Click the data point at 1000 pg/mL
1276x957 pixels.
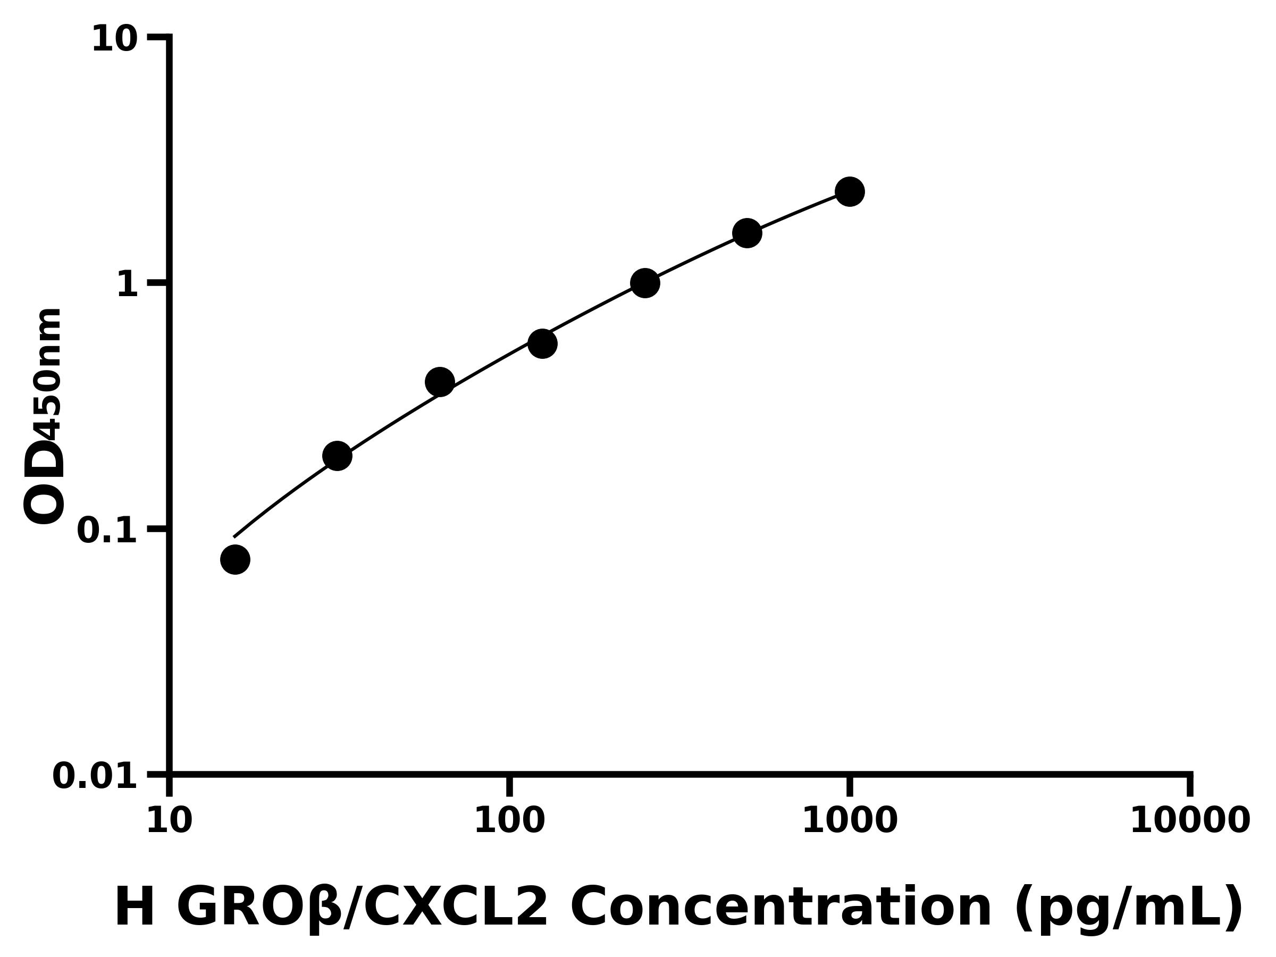point(849,191)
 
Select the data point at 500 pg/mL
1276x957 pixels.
point(747,233)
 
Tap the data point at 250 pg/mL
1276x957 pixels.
point(645,283)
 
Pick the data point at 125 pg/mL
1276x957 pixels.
point(542,344)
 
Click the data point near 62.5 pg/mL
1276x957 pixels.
point(440,382)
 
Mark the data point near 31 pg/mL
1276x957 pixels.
point(337,456)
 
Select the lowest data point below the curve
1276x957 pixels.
point(235,559)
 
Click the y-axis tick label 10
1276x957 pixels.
point(115,39)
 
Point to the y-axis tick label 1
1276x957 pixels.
point(128,284)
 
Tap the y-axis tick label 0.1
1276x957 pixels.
point(107,530)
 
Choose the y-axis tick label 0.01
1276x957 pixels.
point(95,776)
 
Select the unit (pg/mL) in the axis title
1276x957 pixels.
point(1128,909)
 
